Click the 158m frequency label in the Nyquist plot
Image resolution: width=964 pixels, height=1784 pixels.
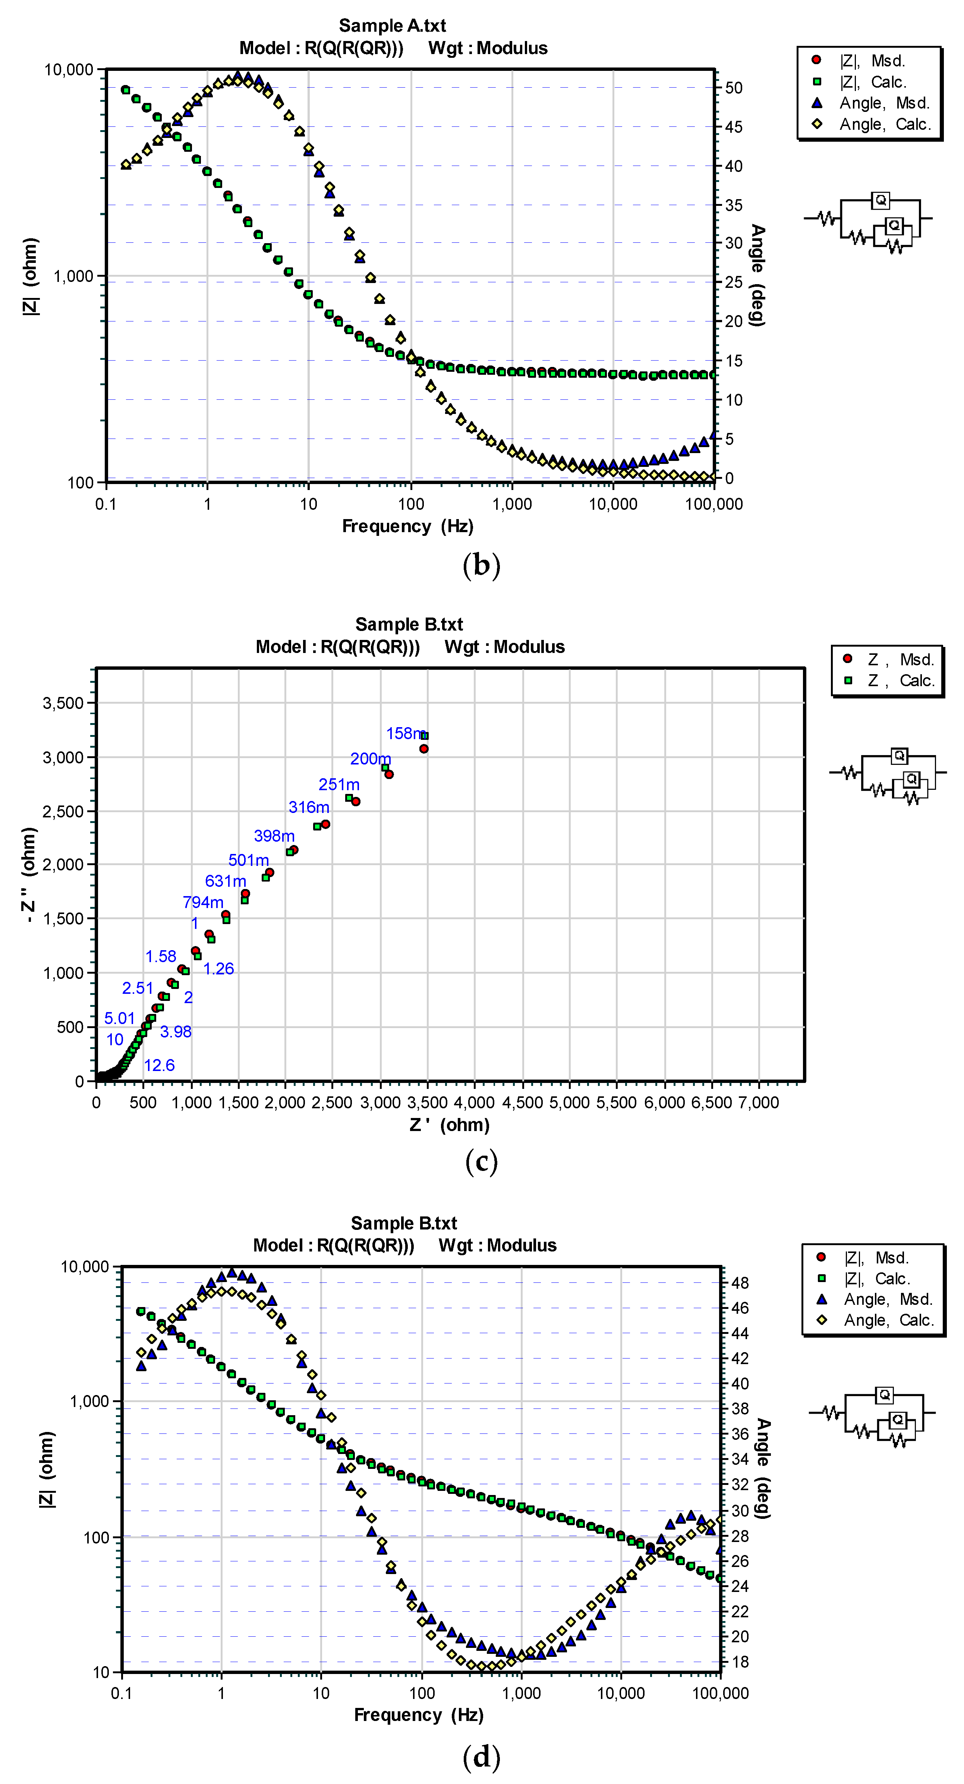(x=405, y=734)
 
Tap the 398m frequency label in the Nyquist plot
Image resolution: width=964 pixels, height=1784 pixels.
(x=274, y=836)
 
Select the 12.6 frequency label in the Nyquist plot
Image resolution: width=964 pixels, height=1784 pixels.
(x=159, y=1065)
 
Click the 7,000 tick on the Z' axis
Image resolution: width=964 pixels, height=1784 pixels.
(x=759, y=1103)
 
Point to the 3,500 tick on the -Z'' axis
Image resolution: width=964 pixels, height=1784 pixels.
(x=63, y=703)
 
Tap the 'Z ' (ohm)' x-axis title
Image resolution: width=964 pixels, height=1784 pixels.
(x=450, y=1125)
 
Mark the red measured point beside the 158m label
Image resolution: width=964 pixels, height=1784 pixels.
(x=424, y=749)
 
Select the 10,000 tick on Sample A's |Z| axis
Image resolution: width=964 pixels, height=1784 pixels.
(x=69, y=70)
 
